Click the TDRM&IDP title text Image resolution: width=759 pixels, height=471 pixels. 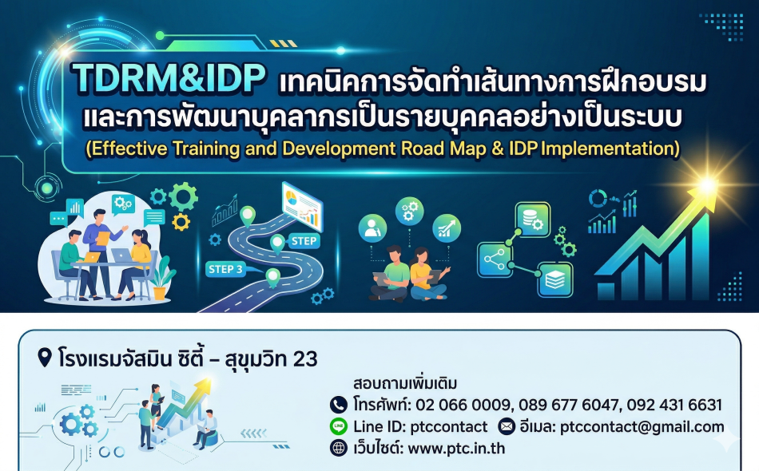point(169,77)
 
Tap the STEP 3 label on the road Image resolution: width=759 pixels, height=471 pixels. point(225,269)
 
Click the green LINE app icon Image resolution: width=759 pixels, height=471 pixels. point(339,426)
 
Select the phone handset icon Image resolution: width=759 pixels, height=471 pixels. point(339,405)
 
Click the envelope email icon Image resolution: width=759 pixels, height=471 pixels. point(507,426)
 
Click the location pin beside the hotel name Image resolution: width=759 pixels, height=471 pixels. point(45,358)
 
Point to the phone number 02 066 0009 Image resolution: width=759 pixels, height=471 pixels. point(463,405)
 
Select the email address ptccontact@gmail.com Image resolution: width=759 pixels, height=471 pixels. point(642,427)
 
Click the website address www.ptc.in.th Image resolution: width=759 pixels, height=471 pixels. point(456,449)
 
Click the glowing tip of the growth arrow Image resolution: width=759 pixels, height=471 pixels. point(706,186)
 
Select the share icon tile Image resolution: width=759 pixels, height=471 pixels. point(495,259)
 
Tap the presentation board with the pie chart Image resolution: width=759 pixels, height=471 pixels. point(303,205)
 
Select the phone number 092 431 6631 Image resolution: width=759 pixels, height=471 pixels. point(674,405)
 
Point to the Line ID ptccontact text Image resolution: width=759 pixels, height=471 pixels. point(420,427)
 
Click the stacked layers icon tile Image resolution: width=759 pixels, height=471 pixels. point(555,279)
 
